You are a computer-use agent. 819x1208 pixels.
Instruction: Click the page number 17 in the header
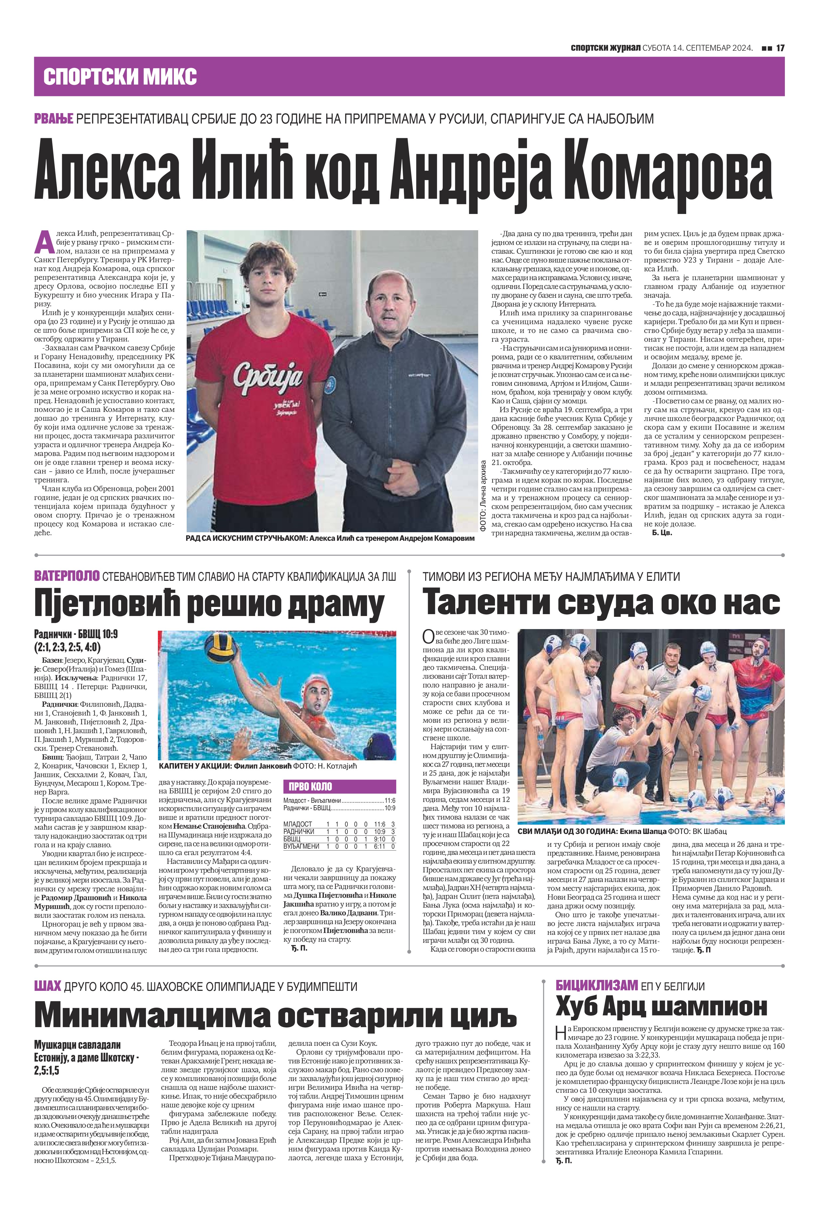[x=780, y=48]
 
